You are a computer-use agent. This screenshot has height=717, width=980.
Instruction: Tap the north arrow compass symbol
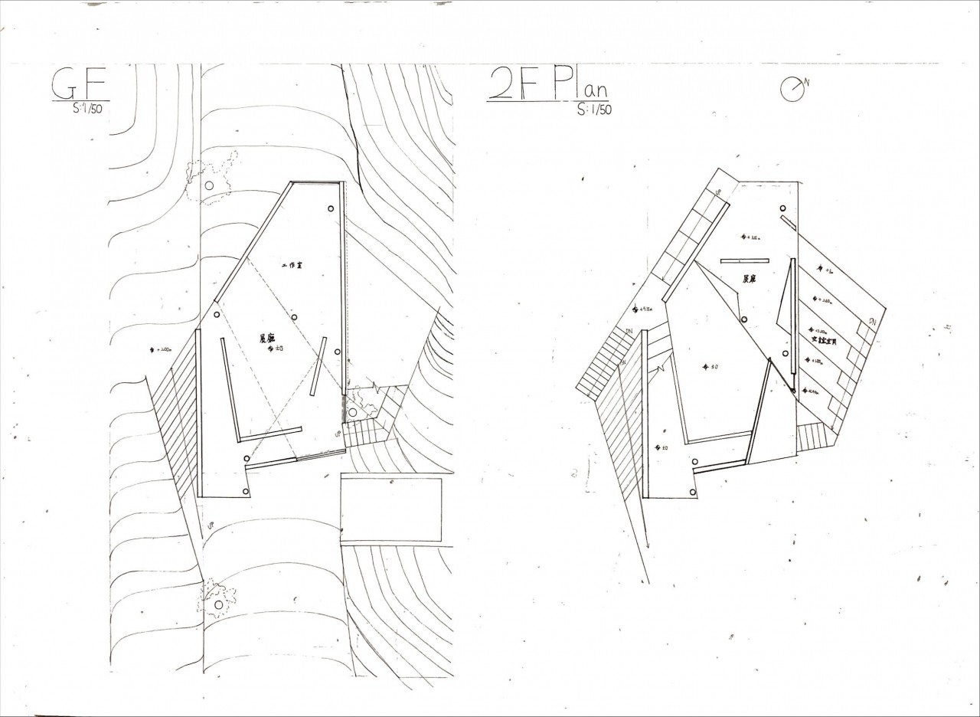point(792,89)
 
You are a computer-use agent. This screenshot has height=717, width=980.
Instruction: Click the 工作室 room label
point(293,264)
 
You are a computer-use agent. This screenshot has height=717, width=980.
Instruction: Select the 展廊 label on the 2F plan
point(748,280)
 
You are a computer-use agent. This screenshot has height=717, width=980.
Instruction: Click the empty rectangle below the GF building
point(391,509)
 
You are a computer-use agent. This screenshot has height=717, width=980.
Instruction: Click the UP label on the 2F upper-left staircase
point(717,192)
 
